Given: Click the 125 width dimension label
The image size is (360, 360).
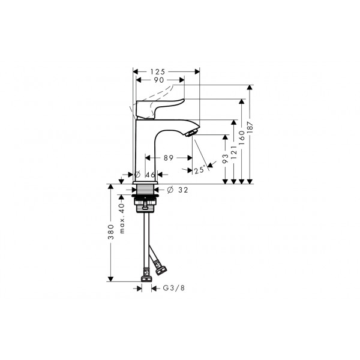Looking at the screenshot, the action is click(158, 72).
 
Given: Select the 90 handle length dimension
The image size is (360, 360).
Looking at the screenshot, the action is click(159, 80).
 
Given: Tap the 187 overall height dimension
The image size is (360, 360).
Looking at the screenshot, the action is click(250, 127).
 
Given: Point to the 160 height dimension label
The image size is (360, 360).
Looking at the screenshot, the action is click(242, 138).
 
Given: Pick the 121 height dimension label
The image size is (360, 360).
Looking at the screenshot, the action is click(233, 152).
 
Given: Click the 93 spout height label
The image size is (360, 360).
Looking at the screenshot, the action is click(225, 158).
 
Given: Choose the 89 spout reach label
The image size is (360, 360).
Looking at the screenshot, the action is click(169, 158).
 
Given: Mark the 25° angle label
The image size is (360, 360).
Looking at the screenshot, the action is click(199, 170).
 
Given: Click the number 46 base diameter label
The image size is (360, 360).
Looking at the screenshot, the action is click(151, 175).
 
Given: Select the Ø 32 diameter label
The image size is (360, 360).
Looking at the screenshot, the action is click(178, 190).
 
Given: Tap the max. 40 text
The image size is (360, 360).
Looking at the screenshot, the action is click(122, 218).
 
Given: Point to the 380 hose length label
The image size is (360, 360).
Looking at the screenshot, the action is click(111, 232).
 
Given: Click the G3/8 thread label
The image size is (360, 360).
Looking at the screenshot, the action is click(174, 288).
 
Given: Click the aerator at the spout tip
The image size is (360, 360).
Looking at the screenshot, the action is click(191, 133).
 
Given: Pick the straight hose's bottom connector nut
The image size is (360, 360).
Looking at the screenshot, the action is click(146, 278).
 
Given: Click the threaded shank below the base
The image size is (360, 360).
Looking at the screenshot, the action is click(145, 189).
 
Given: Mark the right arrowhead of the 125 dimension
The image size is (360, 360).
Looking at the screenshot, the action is click(197, 71).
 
